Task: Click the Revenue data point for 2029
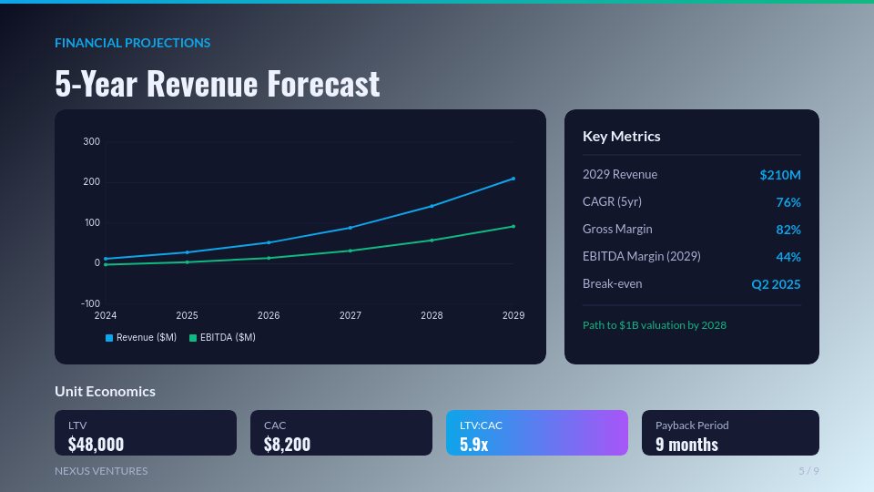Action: (513, 179)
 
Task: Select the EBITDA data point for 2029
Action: (513, 226)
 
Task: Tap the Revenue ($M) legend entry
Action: (141, 337)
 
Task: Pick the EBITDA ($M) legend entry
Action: (222, 337)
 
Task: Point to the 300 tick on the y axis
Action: (91, 141)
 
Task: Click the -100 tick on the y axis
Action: (89, 303)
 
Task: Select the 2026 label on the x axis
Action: (269, 315)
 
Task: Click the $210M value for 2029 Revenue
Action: (780, 175)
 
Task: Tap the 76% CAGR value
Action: (788, 202)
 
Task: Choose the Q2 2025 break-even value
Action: (776, 284)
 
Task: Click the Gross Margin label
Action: (617, 229)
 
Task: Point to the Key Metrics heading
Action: (622, 136)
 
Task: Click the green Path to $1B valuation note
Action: (655, 324)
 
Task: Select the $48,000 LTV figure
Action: (96, 444)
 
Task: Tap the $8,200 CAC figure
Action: (287, 444)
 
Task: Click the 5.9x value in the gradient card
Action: (473, 444)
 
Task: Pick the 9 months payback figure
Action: (686, 444)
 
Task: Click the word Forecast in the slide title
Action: (323, 84)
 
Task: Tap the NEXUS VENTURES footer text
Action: (101, 471)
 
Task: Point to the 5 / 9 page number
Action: (808, 471)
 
